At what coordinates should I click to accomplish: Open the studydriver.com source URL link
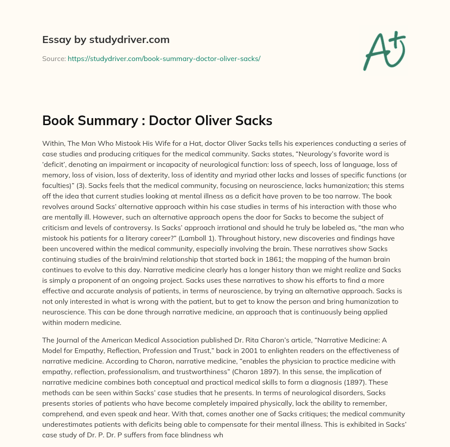164,58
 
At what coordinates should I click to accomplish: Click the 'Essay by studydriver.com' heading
106,40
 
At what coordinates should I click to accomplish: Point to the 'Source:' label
54,58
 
